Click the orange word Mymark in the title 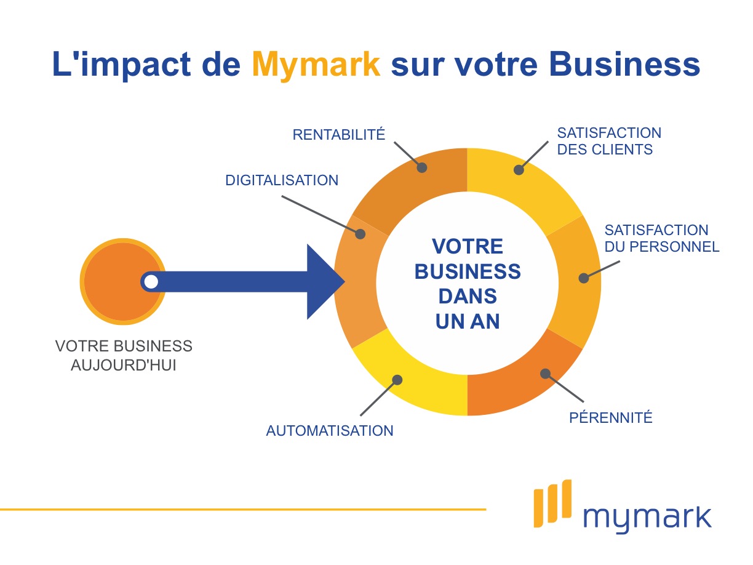316,65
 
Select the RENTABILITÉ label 338,134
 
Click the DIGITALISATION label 282,180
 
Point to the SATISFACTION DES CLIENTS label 609,141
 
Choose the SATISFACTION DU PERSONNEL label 662,238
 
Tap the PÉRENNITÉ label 610,417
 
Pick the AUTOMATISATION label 330,430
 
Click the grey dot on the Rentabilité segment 421,167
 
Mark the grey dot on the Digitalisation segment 361,234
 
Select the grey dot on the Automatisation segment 397,380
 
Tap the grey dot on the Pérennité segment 544,373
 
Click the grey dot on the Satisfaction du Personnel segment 583,278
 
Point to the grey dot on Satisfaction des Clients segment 519,169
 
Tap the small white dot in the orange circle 151,282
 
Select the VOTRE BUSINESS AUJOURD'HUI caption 124,355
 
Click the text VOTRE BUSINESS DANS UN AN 468,284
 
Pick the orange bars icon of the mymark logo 552,503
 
